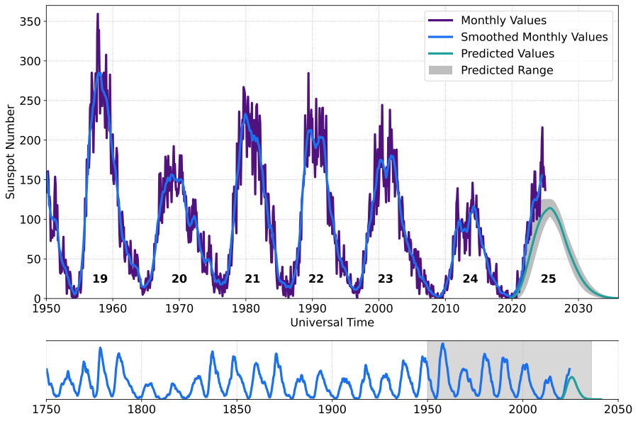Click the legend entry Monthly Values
pos(503,20)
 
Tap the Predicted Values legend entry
pos(507,54)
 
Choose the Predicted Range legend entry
pos(506,70)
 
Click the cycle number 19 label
pos(100,279)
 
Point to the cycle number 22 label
pos(316,279)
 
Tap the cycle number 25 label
pos(548,279)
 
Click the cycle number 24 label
pos(470,279)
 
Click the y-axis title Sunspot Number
pos(11,151)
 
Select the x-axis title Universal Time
pos(332,322)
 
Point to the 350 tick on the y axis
pos(30,21)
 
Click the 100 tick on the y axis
pos(30,219)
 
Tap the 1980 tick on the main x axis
pos(246,308)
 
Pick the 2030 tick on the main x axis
pos(578,308)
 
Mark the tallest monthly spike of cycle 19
pos(98,14)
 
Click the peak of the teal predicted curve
pos(550,208)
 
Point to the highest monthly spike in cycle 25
pos(542,128)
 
